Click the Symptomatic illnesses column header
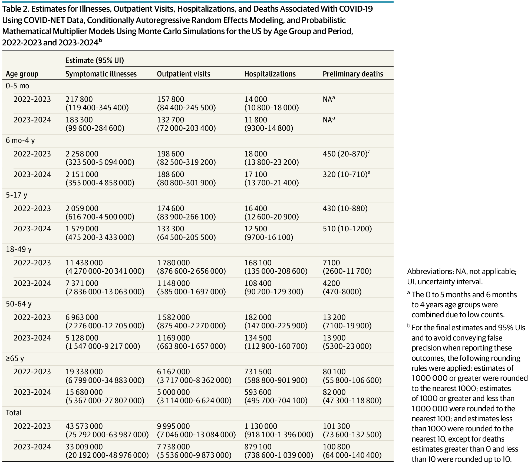[101, 74]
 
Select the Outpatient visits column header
[183, 74]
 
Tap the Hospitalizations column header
[270, 74]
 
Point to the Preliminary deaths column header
[353, 74]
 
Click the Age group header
[22, 74]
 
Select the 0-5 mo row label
[17, 86]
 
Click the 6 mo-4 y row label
[20, 141]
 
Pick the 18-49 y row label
[19, 249]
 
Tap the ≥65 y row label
[15, 359]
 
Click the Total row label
[14, 413]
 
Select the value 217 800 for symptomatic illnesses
[79, 99]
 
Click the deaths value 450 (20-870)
[345, 154]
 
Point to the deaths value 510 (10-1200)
[347, 229]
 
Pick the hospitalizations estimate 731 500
[258, 372]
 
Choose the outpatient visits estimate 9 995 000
[173, 426]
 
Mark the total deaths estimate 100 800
[336, 447]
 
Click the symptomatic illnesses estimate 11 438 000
[84, 263]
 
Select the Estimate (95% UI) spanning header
[94, 60]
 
